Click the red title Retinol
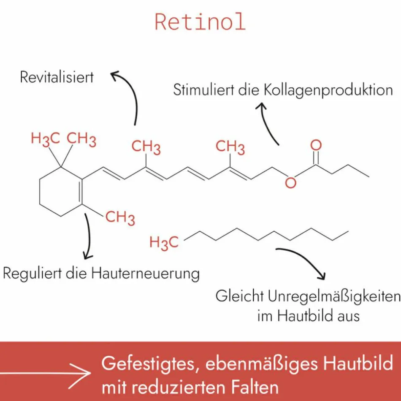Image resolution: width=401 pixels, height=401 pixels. click(x=200, y=22)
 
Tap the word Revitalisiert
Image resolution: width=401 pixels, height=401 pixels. click(x=57, y=77)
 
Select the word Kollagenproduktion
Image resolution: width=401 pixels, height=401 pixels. click(x=328, y=91)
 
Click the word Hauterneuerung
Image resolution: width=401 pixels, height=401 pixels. click(x=146, y=274)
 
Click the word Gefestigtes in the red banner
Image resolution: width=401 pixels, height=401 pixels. click(x=148, y=364)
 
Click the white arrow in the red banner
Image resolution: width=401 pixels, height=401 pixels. click(x=46, y=372)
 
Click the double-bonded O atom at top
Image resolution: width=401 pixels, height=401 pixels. click(x=316, y=145)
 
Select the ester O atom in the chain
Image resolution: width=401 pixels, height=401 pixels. click(x=290, y=183)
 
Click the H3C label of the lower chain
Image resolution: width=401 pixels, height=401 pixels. click(x=164, y=242)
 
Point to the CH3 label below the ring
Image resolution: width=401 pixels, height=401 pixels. click(x=120, y=218)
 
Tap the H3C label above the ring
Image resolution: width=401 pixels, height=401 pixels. click(x=45, y=139)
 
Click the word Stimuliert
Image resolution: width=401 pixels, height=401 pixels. click(x=203, y=90)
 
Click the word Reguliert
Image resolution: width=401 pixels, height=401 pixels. click(x=33, y=274)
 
